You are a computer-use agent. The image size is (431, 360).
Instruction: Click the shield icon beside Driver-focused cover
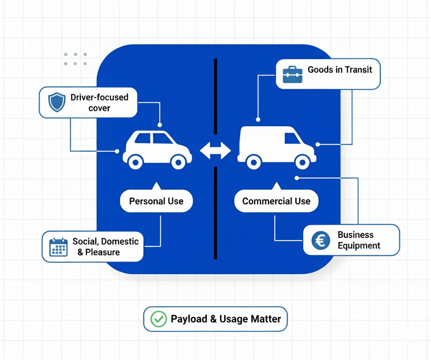[57, 102]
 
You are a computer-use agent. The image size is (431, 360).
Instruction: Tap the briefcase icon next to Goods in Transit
[293, 74]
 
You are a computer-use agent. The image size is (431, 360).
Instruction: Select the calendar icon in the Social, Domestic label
[59, 247]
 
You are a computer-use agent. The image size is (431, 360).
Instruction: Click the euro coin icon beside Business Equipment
[321, 240]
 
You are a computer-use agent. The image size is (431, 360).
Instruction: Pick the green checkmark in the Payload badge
[159, 319]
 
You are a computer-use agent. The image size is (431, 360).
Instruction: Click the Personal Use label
[156, 201]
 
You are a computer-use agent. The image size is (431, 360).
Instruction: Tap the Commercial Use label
[276, 201]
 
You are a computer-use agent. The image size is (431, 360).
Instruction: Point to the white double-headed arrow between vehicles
[215, 151]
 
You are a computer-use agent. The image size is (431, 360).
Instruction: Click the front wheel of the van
[302, 161]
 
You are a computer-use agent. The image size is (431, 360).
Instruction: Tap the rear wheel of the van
[253, 161]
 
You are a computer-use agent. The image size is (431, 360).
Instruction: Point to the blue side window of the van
[292, 138]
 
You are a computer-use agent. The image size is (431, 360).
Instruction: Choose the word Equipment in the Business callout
[359, 246]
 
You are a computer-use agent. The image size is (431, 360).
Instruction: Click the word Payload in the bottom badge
[189, 319]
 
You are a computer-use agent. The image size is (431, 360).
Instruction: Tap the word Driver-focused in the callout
[99, 97]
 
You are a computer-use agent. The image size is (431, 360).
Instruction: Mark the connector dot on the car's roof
[160, 125]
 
